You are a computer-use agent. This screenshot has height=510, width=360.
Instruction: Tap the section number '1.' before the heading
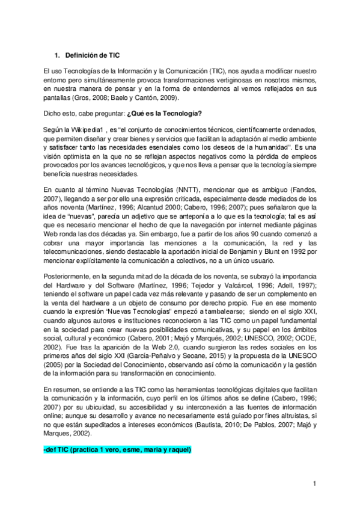[x=57, y=55]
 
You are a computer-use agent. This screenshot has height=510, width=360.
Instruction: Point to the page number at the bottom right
[x=314, y=484]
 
